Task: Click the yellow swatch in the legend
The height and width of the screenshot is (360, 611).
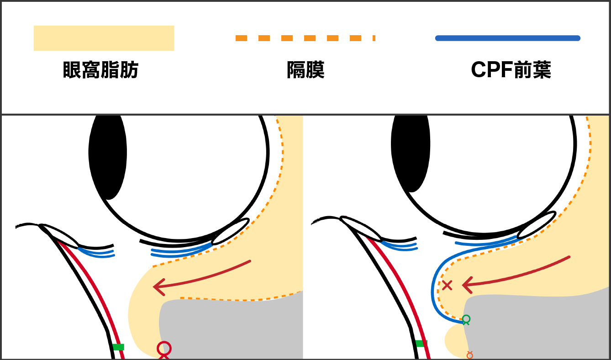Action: click(x=104, y=38)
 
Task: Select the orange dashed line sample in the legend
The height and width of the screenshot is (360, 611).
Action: click(x=305, y=38)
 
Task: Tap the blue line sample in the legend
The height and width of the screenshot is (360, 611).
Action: click(x=507, y=38)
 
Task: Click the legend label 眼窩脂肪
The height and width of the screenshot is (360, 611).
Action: click(x=100, y=70)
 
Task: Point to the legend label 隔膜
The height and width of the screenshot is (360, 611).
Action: click(x=305, y=70)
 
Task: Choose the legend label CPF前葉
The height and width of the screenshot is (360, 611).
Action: click(x=511, y=70)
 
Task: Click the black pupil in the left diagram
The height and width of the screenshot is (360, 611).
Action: click(x=107, y=155)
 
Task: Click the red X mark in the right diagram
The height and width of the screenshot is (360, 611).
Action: click(x=447, y=286)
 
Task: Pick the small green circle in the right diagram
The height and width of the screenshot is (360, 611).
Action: click(x=466, y=319)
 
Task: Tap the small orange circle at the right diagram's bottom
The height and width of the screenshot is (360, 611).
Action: click(x=469, y=355)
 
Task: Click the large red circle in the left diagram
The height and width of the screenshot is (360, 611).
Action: click(x=164, y=349)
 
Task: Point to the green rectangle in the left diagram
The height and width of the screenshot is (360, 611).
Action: click(x=118, y=347)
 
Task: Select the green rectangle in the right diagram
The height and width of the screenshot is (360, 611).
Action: click(x=421, y=344)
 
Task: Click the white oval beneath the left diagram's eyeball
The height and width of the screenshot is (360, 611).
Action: click(x=231, y=231)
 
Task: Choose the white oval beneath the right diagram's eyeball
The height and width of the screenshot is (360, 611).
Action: click(x=537, y=225)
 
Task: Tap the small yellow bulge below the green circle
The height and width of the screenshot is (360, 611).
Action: click(x=454, y=340)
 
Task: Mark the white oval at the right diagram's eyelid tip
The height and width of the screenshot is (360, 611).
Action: click(x=360, y=228)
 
